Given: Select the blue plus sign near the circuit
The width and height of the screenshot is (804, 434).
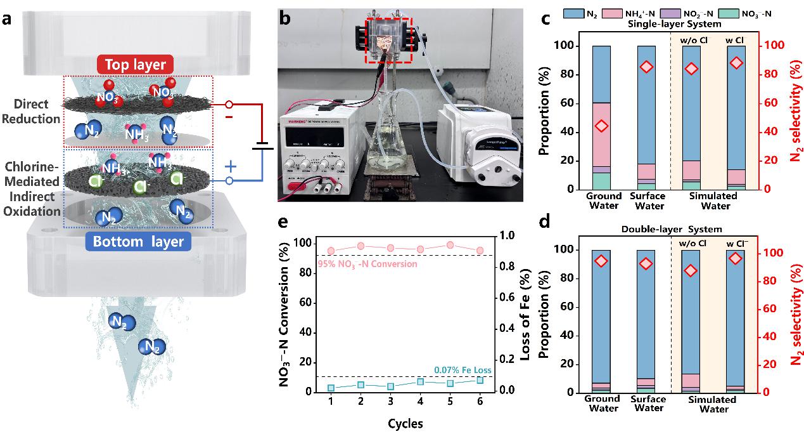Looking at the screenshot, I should point(231,166).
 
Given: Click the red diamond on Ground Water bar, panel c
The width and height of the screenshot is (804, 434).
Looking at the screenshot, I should point(602,126).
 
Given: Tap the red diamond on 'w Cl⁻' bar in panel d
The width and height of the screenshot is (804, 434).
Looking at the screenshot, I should point(736,258).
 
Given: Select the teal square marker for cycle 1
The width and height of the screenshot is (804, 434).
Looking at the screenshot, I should point(331,388).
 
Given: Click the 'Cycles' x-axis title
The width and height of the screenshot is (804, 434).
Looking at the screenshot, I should point(405,423).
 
